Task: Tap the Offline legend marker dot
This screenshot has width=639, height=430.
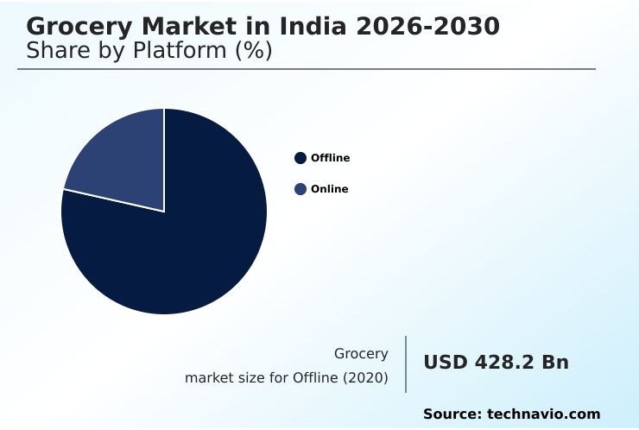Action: [301, 158]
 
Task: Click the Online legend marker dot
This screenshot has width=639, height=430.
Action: [301, 189]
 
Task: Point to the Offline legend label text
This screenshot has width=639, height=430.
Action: [330, 158]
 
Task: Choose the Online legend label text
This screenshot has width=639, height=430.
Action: [329, 189]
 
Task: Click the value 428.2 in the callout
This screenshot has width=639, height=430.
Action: [504, 363]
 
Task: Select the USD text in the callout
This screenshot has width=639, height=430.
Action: [445, 363]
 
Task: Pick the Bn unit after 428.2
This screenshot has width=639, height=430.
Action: [555, 363]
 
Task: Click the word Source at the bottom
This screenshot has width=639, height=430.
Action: [452, 414]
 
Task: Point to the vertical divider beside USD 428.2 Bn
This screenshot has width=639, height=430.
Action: [406, 364]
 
